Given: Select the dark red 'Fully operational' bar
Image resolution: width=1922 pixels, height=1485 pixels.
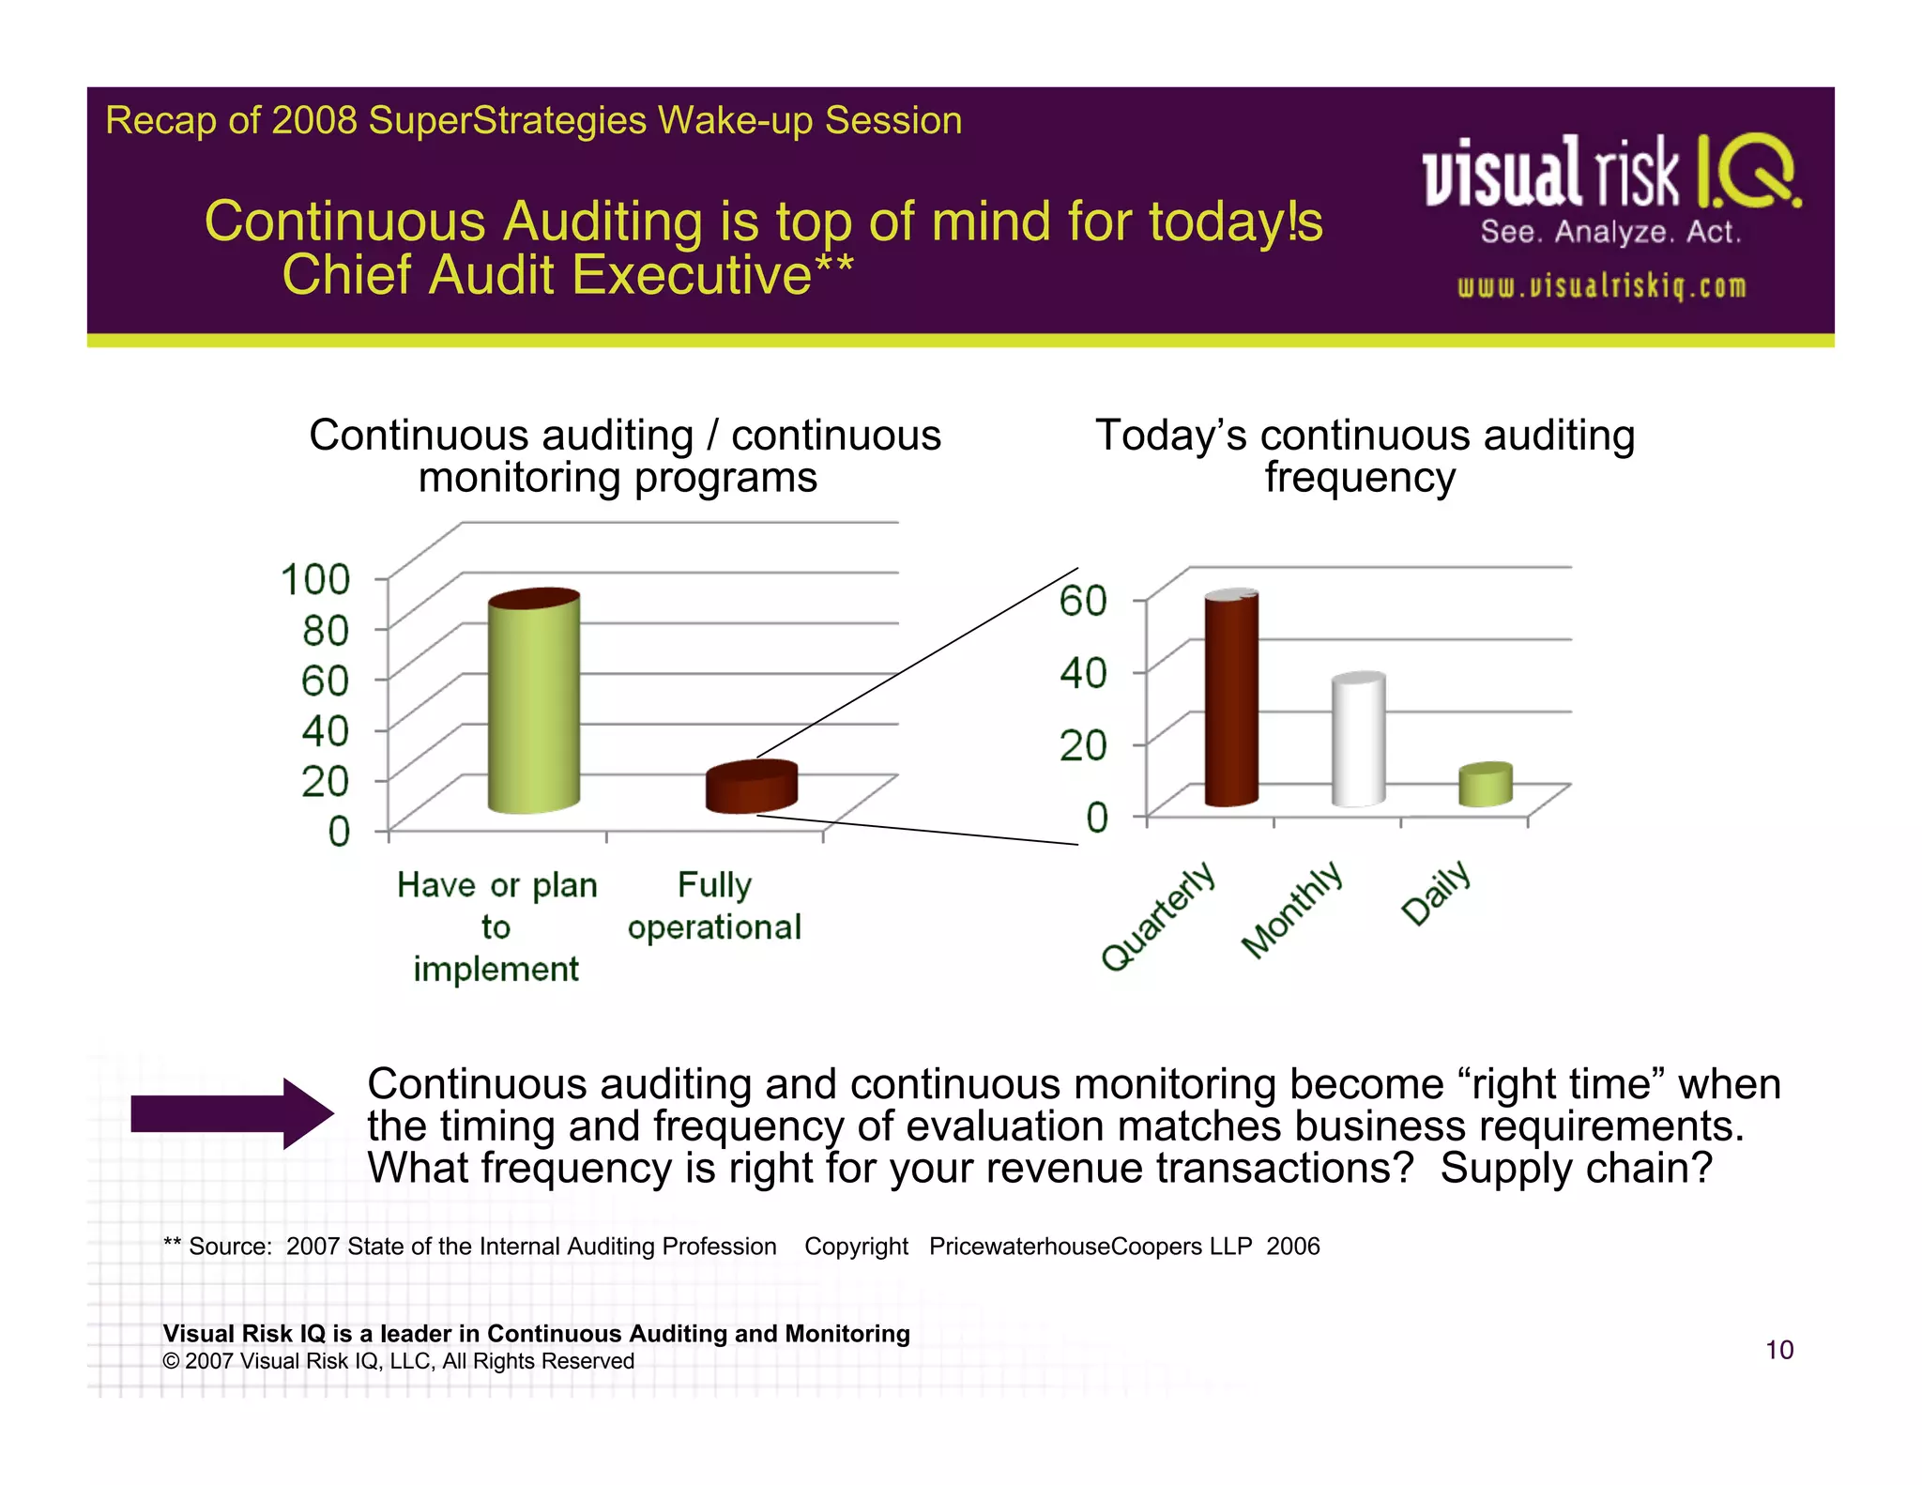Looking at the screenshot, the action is [751, 787].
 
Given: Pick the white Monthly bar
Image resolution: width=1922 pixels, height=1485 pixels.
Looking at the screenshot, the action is [1358, 739].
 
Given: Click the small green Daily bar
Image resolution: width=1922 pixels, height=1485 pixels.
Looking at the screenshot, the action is [1485, 784].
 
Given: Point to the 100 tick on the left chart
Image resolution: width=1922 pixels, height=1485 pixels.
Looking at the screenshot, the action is [315, 579].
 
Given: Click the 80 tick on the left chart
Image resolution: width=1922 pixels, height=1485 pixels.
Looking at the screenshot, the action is [326, 630].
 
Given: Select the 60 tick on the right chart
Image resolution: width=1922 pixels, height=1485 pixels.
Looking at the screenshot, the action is [1083, 600].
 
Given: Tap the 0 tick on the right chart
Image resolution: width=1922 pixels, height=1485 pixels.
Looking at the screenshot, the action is [1097, 817].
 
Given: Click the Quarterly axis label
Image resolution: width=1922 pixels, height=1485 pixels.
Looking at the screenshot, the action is [1158, 916].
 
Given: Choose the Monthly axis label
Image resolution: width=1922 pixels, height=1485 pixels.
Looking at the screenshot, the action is [1291, 910].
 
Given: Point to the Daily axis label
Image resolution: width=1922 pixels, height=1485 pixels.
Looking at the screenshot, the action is [1435, 892].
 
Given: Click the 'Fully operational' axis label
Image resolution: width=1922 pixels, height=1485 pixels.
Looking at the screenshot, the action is [714, 906].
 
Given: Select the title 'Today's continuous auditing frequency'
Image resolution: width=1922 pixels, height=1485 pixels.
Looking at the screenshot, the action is [1365, 456].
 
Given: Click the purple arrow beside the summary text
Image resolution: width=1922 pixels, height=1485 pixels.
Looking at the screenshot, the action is [232, 1113].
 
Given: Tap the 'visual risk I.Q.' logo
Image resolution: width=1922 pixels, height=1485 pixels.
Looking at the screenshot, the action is [1611, 172].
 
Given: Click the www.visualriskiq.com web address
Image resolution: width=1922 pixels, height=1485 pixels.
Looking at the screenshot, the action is [1601, 286].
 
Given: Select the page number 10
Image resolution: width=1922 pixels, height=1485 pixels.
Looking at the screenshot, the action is [1779, 1350].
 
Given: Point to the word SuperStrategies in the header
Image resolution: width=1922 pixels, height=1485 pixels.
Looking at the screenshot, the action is [508, 121].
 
